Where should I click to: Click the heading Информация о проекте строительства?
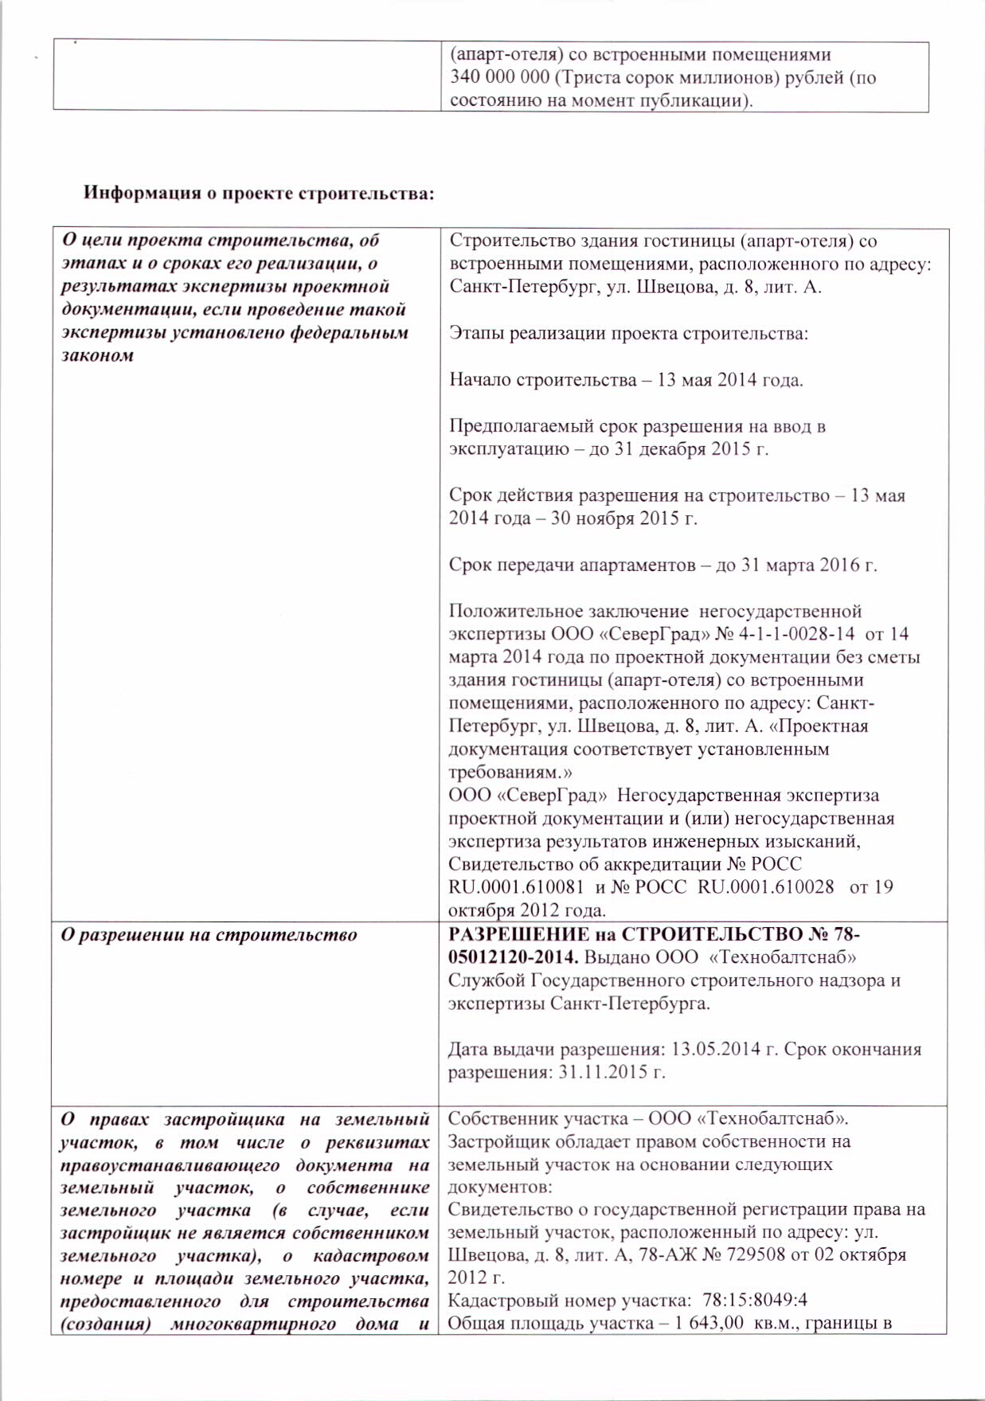pyautogui.click(x=259, y=193)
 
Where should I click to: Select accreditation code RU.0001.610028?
pyautogui.click(x=766, y=887)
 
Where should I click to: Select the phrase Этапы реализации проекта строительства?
pyautogui.click(x=628, y=334)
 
